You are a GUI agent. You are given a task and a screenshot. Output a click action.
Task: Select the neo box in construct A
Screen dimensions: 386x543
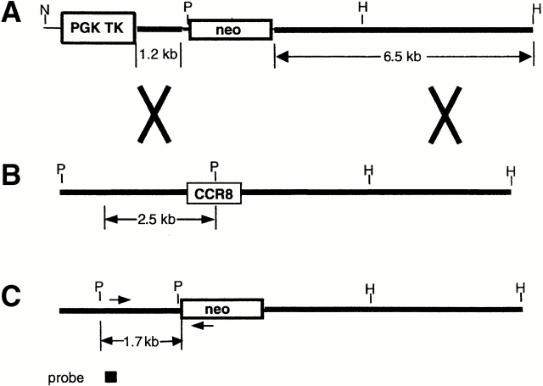(x=230, y=30)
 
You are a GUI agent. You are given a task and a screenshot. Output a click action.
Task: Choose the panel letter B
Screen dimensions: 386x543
(x=10, y=179)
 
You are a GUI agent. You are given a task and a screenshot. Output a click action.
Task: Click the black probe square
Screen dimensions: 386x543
(x=110, y=378)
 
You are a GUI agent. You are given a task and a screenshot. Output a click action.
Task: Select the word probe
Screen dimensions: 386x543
(x=69, y=378)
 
